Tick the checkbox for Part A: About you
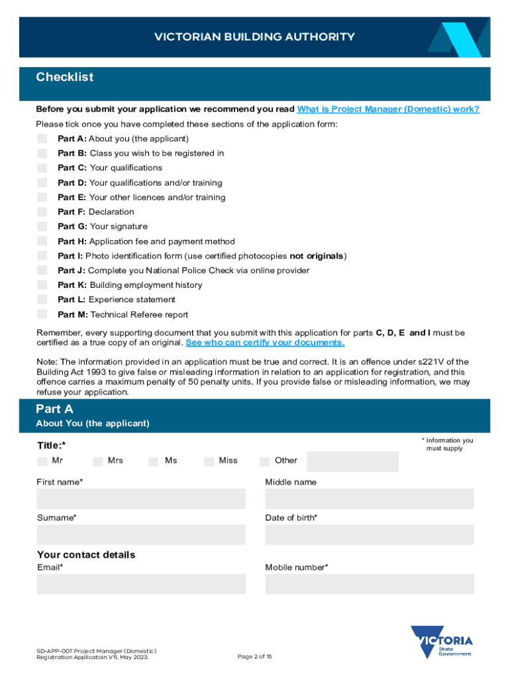click(42, 139)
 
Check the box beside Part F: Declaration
click(42, 212)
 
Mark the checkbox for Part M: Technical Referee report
click(42, 314)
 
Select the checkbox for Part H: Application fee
click(42, 241)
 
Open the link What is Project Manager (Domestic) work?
click(388, 109)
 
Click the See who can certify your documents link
click(265, 343)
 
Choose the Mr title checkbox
click(42, 461)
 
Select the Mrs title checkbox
click(98, 461)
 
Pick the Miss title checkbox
click(209, 461)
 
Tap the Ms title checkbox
click(154, 461)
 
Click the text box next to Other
click(352, 462)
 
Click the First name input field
click(140, 499)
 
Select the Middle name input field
click(370, 499)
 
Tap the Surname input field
click(140, 534)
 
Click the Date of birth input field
click(370, 534)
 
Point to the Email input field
click(140, 584)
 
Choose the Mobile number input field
click(370, 584)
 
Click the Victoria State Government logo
click(442, 642)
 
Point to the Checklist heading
click(65, 78)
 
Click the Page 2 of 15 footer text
click(254, 656)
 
